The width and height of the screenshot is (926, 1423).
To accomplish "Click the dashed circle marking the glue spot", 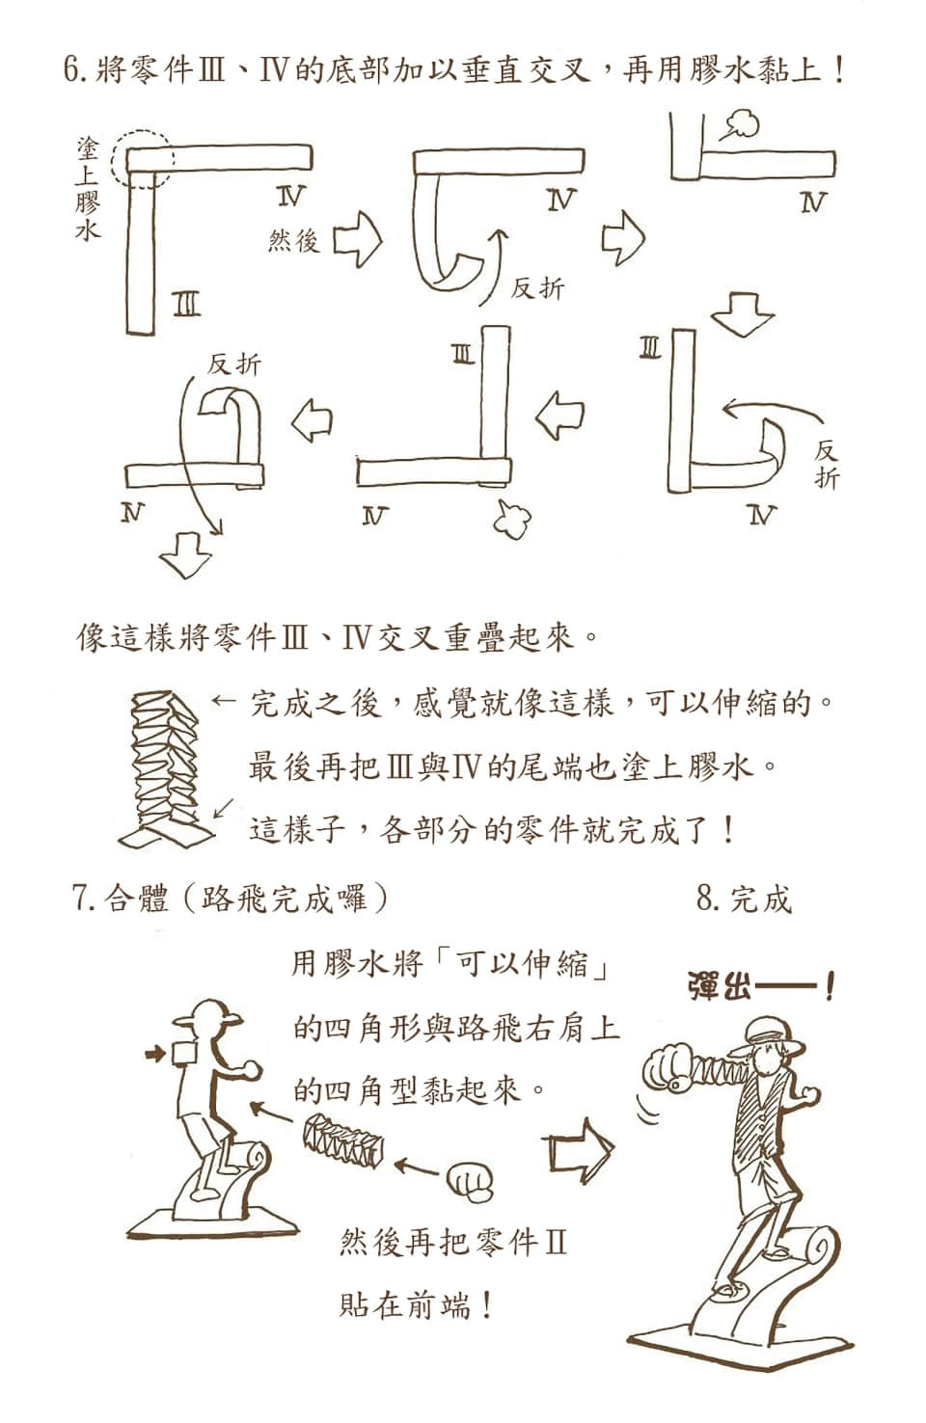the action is pos(113,159).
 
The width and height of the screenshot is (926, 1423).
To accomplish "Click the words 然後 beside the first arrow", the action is pos(293,241).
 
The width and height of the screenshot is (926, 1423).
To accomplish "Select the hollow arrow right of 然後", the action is pos(358,239).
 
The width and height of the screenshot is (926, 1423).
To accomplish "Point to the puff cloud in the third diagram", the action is pos(741,124).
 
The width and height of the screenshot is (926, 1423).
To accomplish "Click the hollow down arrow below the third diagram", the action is pos(743,314).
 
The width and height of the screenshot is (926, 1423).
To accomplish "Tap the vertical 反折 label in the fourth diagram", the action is pos(827,465).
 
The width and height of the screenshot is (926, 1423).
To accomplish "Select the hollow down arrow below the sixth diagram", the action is pos(185,554).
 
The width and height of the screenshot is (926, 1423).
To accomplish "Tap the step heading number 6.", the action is pos(73,68).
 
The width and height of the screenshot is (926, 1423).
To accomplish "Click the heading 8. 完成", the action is pos(744,899).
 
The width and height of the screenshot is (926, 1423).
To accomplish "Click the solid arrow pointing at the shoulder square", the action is pos(155,1055).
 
